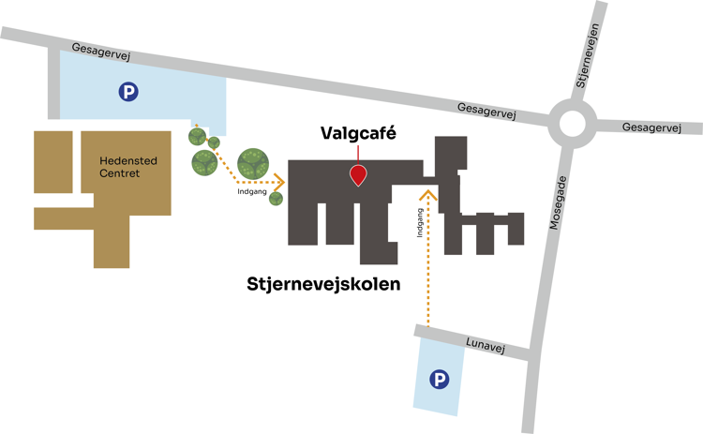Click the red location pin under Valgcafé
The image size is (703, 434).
pos(357,174)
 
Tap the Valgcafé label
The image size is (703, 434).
pos(357,134)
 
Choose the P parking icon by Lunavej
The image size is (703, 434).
pos(438,379)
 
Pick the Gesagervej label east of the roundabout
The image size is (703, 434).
pos(651,127)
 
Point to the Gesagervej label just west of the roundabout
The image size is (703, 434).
pos(486,110)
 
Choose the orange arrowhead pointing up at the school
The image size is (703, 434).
pos(428,195)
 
